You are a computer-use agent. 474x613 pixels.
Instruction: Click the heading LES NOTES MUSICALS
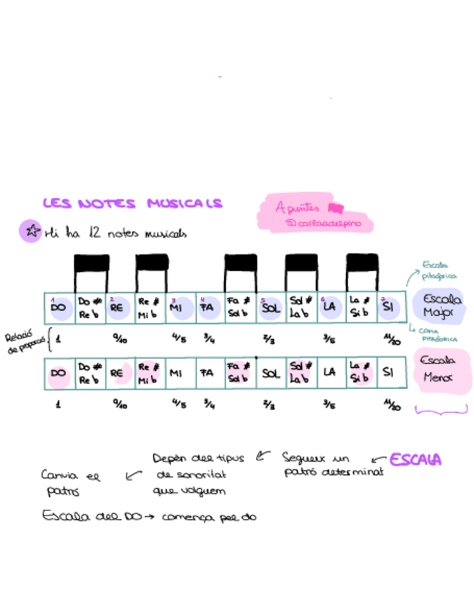coord(132,204)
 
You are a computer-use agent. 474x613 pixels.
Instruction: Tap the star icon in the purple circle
coord(31,231)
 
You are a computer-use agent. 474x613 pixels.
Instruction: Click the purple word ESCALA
coord(415,460)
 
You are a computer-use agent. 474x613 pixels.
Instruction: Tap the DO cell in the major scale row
coord(59,307)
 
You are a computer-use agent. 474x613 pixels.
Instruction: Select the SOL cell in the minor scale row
coord(271,373)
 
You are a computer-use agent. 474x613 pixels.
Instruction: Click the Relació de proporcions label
coord(24,340)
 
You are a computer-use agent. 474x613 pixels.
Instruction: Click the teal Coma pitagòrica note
coord(439,335)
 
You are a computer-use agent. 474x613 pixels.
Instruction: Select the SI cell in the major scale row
coord(389,307)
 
